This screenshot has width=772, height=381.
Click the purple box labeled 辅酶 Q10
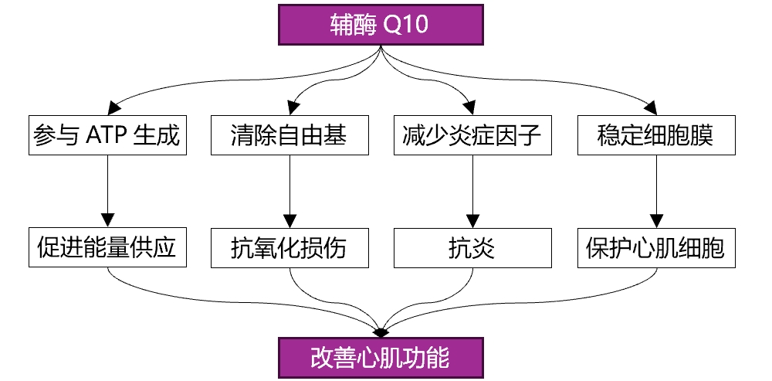click(380, 26)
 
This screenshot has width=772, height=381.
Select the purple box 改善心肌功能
click(380, 359)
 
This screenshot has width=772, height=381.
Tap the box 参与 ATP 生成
click(107, 136)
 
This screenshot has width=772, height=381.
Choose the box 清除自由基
click(289, 136)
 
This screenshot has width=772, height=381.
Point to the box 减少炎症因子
click(472, 136)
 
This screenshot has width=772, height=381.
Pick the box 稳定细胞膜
click(655, 136)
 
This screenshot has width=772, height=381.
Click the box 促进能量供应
click(107, 248)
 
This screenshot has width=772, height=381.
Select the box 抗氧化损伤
click(289, 248)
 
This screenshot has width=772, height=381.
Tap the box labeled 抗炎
click(472, 248)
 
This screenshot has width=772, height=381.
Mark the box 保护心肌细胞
click(655, 248)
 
